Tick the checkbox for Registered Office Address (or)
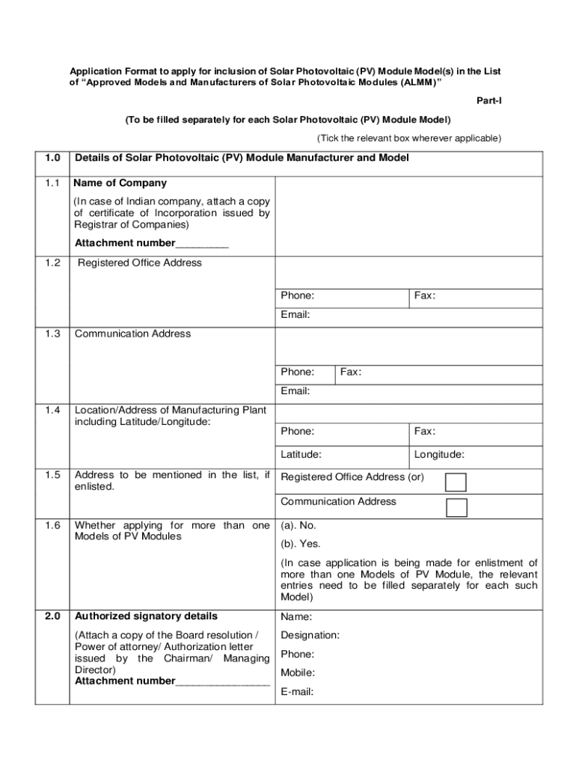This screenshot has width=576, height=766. tap(456, 482)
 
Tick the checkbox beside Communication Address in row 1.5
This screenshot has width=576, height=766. tap(456, 507)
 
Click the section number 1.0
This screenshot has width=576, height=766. tap(52, 158)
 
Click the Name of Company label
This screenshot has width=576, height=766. tap(120, 183)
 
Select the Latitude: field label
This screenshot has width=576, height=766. tap(301, 454)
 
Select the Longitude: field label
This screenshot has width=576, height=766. tap(439, 454)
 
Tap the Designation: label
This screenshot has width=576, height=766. tap(310, 635)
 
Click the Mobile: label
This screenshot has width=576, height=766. tap(298, 672)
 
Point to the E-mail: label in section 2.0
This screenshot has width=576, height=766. tap(297, 692)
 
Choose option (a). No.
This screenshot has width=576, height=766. tap(298, 525)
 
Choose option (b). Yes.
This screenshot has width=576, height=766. tap(300, 544)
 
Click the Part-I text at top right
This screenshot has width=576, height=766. tap(488, 100)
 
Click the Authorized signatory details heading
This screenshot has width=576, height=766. tap(146, 616)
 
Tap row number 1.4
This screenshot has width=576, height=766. tap(52, 410)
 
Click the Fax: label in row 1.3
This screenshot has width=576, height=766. tap(351, 372)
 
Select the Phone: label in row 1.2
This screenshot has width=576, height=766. tap(297, 295)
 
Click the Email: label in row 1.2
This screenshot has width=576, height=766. tap(295, 315)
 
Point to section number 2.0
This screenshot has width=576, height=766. tap(52, 616)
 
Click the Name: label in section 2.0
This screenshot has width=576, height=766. tap(296, 617)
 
